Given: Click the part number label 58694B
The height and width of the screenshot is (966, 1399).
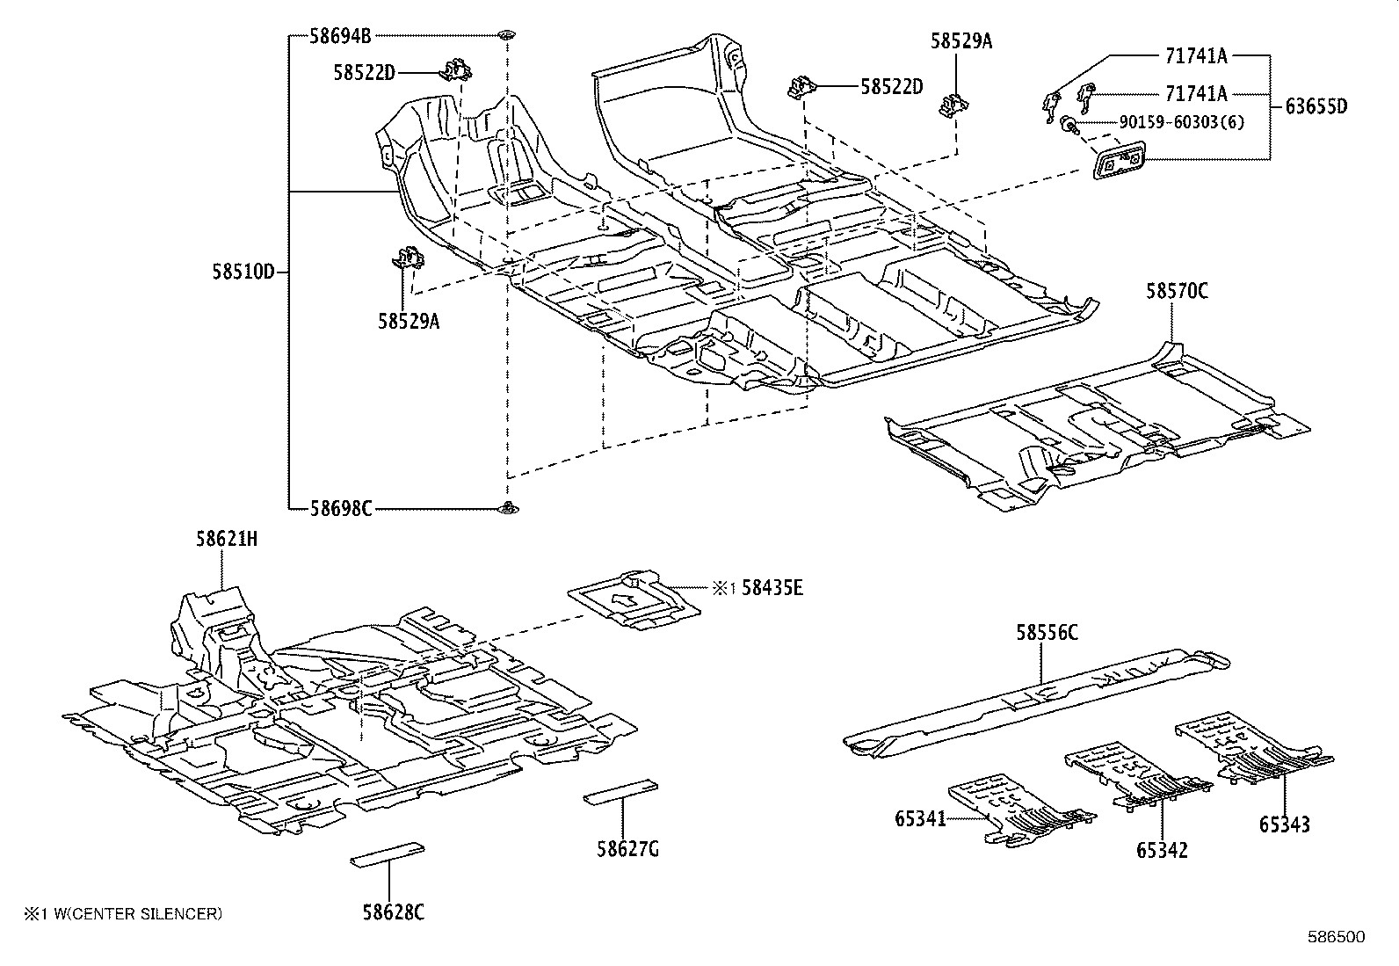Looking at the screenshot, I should pyautogui.click(x=340, y=36).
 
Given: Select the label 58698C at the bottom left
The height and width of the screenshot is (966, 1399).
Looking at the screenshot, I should pyautogui.click(x=340, y=508).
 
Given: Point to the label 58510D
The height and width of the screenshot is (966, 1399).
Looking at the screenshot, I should pyautogui.click(x=243, y=272).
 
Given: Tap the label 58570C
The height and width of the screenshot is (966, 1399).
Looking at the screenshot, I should pyautogui.click(x=1176, y=291).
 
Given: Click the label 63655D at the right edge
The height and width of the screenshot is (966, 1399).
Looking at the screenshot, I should pyautogui.click(x=1316, y=107).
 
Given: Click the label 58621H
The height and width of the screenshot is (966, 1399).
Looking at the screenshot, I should pyautogui.click(x=227, y=540).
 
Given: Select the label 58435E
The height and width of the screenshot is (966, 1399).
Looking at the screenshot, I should pyautogui.click(x=772, y=588).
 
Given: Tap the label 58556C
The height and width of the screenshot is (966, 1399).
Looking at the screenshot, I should pyautogui.click(x=1047, y=633).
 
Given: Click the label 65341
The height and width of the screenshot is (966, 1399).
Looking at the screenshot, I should pyautogui.click(x=920, y=818).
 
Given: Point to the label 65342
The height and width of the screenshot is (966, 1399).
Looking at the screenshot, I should pyautogui.click(x=1162, y=850).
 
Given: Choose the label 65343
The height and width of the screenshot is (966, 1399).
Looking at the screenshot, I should pyautogui.click(x=1284, y=824).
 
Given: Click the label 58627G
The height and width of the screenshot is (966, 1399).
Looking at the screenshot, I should pyautogui.click(x=627, y=848).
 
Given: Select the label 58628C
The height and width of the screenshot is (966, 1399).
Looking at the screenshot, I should pyautogui.click(x=394, y=912).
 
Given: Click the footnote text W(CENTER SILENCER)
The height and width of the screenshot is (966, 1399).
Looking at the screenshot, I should pyautogui.click(x=132, y=914).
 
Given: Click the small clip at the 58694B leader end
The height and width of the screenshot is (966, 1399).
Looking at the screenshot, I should pyautogui.click(x=506, y=35).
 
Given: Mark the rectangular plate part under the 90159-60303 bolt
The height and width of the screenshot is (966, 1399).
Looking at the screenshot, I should pyautogui.click(x=1119, y=162).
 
